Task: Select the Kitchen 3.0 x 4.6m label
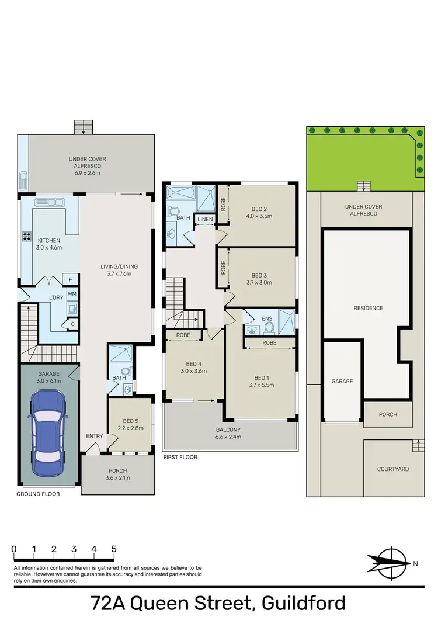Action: coord(50,244)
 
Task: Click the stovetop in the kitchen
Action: coord(27,237)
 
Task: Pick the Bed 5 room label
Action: coord(133,424)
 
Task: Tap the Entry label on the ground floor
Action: coord(94,436)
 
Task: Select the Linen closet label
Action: coord(204,219)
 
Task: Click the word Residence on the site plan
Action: coord(367,308)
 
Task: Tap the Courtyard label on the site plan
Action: coord(392,469)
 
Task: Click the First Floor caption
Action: coord(180,458)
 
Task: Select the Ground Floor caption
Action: coord(38,494)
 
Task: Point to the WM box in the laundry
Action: coord(71,293)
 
